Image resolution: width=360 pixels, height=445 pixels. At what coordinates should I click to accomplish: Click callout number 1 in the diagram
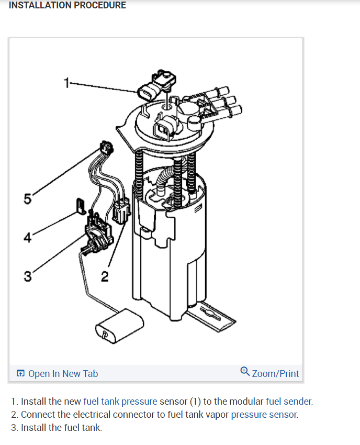(66, 82)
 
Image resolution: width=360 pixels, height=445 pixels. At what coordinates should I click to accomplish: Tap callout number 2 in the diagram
(105, 275)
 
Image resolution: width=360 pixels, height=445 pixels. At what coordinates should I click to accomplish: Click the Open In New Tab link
(62, 373)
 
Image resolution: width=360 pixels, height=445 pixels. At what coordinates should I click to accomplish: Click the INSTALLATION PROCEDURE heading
(67, 5)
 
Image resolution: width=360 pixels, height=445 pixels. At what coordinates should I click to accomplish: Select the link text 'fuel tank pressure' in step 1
(120, 402)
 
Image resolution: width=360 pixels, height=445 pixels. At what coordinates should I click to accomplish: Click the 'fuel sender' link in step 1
(289, 402)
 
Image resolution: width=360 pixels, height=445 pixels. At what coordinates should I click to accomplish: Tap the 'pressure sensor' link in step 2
(264, 414)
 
